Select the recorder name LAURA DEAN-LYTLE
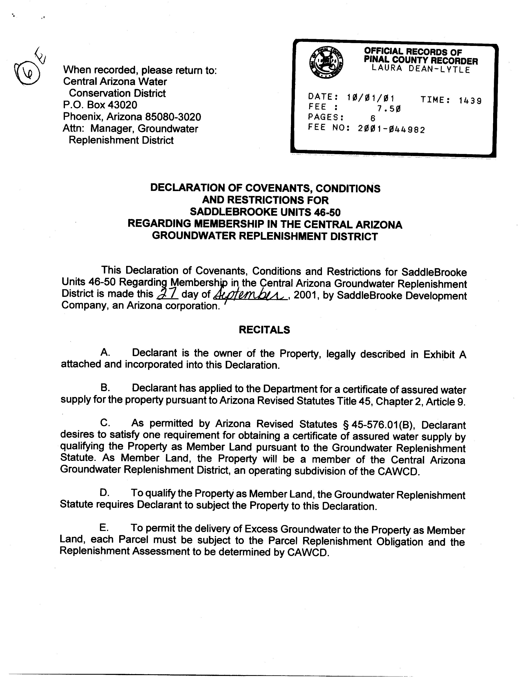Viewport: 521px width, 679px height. [x=421, y=69]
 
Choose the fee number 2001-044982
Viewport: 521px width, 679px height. [x=391, y=129]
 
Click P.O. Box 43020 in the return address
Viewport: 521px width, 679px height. [x=100, y=105]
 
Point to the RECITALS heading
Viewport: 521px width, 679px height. [x=264, y=329]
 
